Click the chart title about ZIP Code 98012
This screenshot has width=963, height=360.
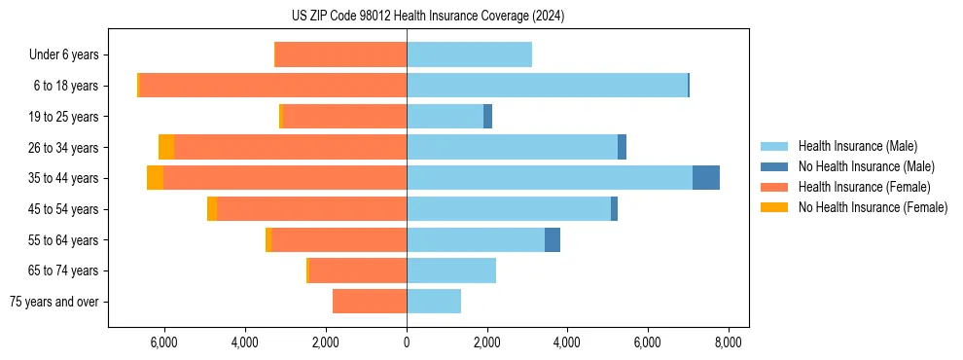click(427, 17)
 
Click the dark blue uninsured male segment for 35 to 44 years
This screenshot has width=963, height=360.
click(705, 178)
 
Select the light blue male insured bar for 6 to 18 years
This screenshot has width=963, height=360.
click(547, 86)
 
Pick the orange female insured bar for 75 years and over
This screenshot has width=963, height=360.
click(370, 302)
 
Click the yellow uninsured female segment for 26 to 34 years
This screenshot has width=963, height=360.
click(166, 147)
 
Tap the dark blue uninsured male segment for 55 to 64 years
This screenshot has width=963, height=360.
click(552, 239)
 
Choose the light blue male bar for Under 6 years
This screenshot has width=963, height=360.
click(469, 54)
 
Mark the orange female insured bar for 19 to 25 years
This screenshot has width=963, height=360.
click(344, 117)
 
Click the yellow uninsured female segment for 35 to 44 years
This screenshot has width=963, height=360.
click(155, 178)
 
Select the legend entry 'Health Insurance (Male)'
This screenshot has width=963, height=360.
click(857, 146)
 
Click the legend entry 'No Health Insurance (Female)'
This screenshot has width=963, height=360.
click(873, 207)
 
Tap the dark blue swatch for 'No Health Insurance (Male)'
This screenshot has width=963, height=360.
click(774, 166)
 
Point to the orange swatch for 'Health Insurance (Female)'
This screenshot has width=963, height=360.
click(774, 187)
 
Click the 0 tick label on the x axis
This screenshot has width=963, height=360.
click(407, 342)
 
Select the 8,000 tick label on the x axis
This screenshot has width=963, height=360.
click(729, 342)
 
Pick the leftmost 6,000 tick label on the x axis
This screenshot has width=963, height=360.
click(163, 342)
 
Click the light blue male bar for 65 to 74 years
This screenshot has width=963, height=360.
click(451, 270)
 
